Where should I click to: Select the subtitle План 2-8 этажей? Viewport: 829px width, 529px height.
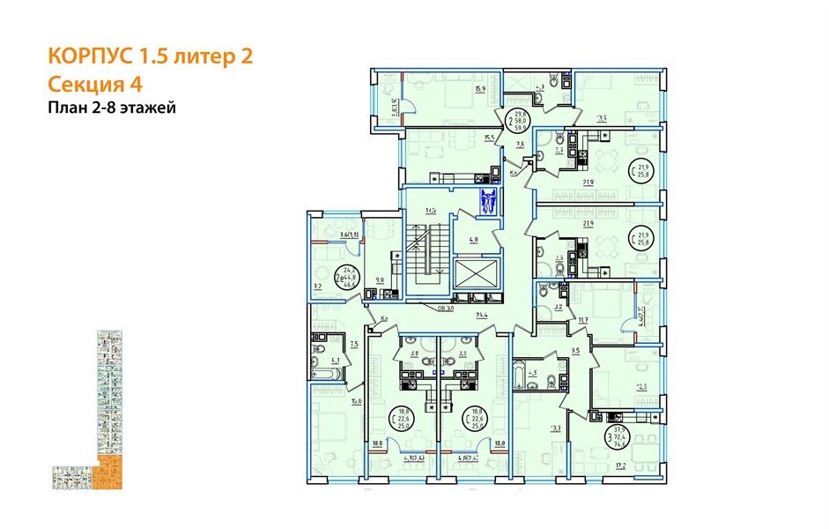(113, 108)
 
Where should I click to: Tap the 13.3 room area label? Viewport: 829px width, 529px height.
(556, 429)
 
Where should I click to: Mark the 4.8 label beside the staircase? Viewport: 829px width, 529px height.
(473, 240)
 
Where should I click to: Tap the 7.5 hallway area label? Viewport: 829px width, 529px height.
(353, 344)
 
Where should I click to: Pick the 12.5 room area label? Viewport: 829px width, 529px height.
(642, 386)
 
